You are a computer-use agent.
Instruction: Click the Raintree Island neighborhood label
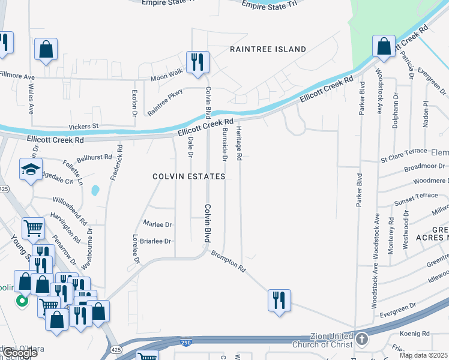(x=268, y=49)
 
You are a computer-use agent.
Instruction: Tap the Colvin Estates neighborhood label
(x=188, y=176)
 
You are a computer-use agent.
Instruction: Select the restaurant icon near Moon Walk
(x=197, y=62)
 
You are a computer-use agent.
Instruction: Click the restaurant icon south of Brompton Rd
(x=279, y=300)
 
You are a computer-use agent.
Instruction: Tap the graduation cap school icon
(x=31, y=170)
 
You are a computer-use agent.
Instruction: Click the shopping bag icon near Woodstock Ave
(x=384, y=46)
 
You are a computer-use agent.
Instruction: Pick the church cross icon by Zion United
(x=361, y=340)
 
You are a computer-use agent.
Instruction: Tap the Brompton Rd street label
(x=228, y=260)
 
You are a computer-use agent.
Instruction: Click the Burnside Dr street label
(x=224, y=144)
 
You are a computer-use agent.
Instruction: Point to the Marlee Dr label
(x=158, y=224)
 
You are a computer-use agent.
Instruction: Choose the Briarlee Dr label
(x=155, y=241)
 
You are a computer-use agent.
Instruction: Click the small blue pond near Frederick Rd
(x=95, y=191)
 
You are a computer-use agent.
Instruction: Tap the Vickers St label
(x=83, y=127)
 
